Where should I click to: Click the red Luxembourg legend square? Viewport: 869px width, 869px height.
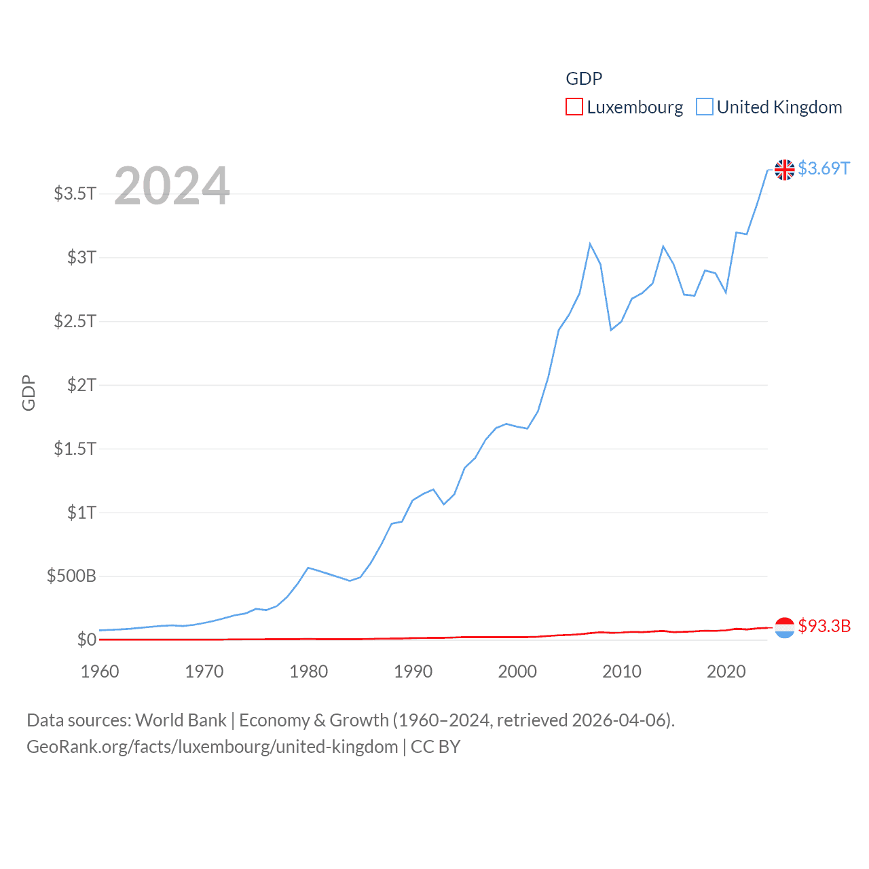(x=574, y=107)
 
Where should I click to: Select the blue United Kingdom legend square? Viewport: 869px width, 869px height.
(x=705, y=107)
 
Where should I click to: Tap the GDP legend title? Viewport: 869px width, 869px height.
(x=584, y=79)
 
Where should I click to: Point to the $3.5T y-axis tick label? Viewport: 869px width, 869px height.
(x=75, y=193)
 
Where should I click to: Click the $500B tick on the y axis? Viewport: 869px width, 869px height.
(x=71, y=576)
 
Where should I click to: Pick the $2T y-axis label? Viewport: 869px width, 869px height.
(x=81, y=385)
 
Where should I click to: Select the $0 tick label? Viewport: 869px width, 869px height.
(x=86, y=640)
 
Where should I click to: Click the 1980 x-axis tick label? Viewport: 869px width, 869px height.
(x=308, y=671)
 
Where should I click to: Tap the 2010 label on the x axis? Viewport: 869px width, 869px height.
(x=622, y=671)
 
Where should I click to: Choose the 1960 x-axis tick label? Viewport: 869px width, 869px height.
(x=100, y=671)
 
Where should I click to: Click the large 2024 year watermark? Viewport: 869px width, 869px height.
(x=172, y=186)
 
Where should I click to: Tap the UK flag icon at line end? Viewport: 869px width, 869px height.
(x=784, y=170)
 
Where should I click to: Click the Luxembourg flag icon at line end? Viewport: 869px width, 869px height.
(x=784, y=627)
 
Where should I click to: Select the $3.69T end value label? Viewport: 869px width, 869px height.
(x=824, y=168)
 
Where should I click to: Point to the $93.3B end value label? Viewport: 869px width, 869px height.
(x=824, y=626)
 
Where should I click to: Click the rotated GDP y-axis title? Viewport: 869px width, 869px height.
(x=29, y=392)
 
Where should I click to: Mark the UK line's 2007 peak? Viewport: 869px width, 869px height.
(x=590, y=244)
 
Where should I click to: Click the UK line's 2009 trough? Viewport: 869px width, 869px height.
(x=611, y=330)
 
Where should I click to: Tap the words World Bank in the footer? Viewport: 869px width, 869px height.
(x=181, y=720)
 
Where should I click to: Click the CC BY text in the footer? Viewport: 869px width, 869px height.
(x=435, y=747)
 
